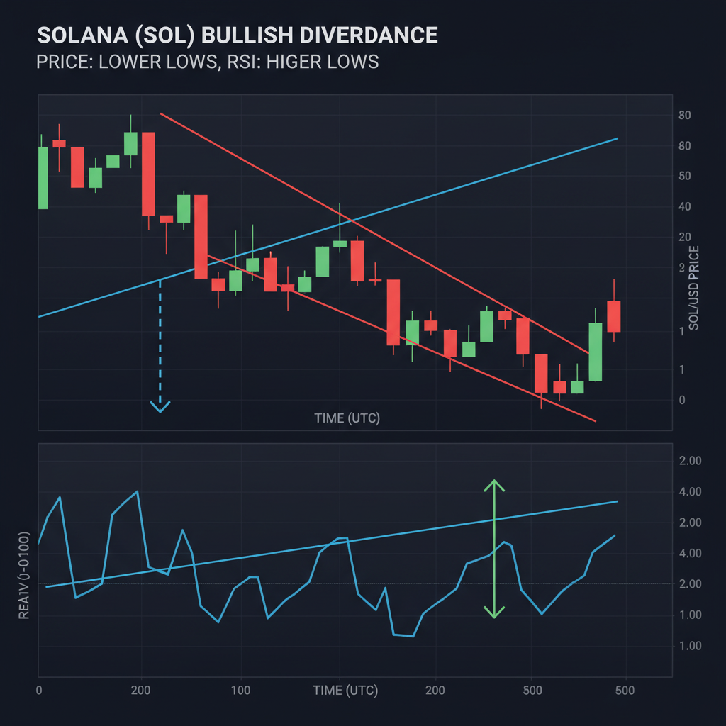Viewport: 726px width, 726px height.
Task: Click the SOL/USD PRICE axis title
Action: [694, 287]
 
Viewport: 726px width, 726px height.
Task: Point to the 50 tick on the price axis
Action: [685, 176]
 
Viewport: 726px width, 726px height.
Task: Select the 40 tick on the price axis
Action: [685, 206]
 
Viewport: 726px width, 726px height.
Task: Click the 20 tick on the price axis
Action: [685, 238]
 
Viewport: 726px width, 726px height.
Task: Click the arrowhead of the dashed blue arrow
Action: [160, 407]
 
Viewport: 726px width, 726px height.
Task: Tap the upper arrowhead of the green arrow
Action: [494, 485]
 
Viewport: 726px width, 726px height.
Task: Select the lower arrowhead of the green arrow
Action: [494, 612]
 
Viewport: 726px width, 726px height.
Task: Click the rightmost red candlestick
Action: [613, 315]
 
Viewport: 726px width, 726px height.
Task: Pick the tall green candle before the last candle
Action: [596, 352]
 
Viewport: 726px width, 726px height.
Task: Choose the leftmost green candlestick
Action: [43, 177]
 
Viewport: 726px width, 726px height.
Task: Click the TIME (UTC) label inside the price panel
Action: [347, 418]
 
